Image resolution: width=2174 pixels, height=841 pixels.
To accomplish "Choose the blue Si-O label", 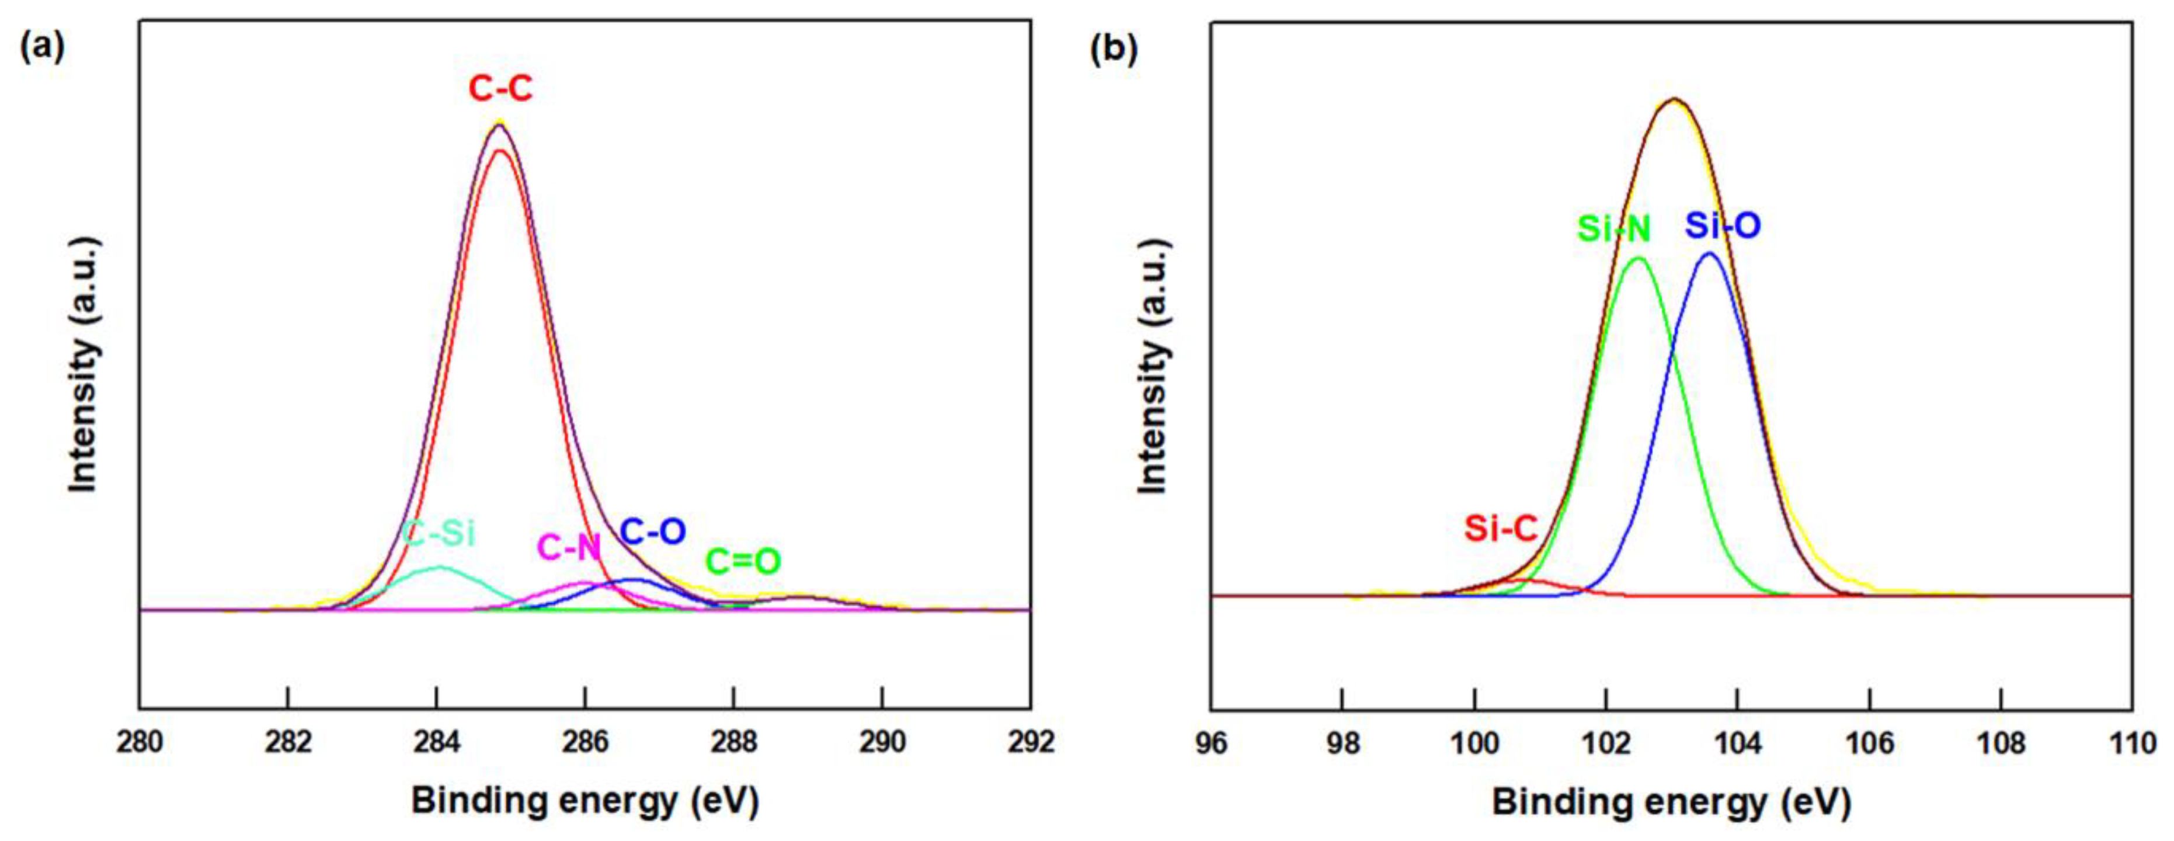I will [1723, 225].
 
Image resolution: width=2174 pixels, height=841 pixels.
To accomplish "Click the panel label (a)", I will [41, 47].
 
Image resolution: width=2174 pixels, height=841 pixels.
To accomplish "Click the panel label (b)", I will [1114, 50].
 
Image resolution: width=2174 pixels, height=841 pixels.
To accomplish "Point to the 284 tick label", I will [436, 742].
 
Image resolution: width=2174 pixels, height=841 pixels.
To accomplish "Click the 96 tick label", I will [1211, 744].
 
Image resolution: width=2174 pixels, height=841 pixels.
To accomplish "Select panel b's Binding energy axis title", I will [1671, 801].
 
